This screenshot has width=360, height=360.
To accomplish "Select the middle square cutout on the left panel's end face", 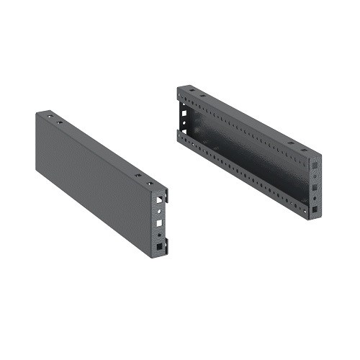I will coord(158,224).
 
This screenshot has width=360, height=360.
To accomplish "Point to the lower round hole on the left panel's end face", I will coord(158,235).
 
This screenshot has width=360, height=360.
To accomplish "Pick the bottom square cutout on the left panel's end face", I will coord(158,248).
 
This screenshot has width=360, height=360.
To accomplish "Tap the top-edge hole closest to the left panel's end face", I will coord(152,179).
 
